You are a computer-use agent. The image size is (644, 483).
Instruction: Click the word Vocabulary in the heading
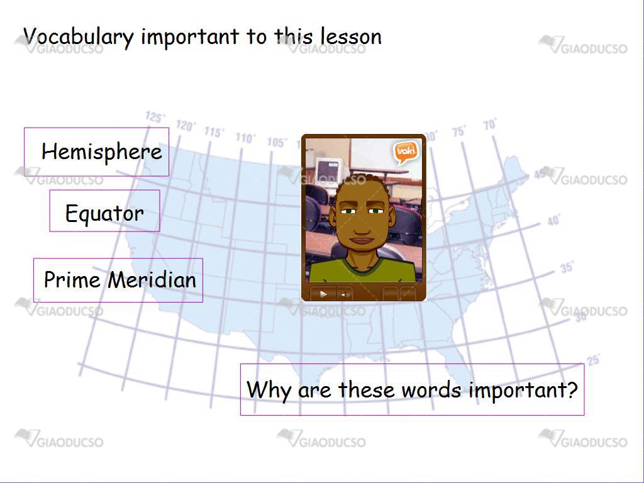[79, 37]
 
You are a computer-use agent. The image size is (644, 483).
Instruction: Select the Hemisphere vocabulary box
[96, 152]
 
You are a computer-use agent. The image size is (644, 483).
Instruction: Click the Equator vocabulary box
[105, 211]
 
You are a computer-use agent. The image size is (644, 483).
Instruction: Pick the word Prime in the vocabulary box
[72, 280]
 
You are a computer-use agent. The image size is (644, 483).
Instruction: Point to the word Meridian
[152, 280]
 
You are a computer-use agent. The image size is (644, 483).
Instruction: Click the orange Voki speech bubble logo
[406, 152]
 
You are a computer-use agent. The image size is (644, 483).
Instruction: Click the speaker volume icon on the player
[345, 294]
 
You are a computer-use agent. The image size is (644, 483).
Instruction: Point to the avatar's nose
[362, 224]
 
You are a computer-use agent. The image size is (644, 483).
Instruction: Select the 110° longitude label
[245, 138]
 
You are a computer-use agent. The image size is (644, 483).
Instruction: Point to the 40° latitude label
[553, 221]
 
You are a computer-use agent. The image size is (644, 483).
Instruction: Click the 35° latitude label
[567, 267]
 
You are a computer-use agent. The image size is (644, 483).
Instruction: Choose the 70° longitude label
[490, 124]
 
